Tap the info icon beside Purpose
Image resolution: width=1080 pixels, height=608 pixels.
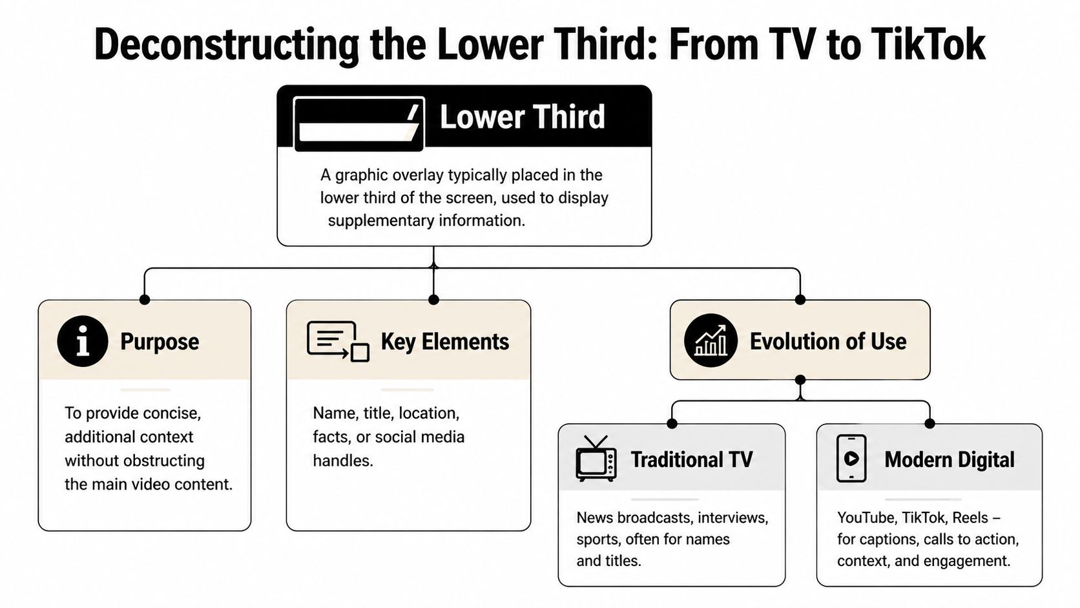point(82,341)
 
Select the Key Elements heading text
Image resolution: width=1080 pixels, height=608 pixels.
point(444,341)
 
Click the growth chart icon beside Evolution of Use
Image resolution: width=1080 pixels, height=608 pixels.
point(710,341)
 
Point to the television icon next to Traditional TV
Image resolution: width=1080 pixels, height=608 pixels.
point(596,459)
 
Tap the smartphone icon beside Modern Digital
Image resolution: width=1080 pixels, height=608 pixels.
point(851,459)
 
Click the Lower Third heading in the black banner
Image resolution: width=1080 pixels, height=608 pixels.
point(522,117)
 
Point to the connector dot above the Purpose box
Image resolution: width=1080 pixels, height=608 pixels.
point(145,299)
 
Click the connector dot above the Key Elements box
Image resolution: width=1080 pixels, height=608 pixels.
point(433,299)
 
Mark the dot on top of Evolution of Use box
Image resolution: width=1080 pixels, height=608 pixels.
point(800,299)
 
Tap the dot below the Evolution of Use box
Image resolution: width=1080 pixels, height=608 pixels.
point(800,380)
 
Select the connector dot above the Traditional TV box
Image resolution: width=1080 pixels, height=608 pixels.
point(672,424)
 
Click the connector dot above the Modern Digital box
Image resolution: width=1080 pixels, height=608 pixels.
point(929,424)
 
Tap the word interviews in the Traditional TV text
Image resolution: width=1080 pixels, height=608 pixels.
point(732,518)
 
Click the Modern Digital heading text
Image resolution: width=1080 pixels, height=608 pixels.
point(949,459)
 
